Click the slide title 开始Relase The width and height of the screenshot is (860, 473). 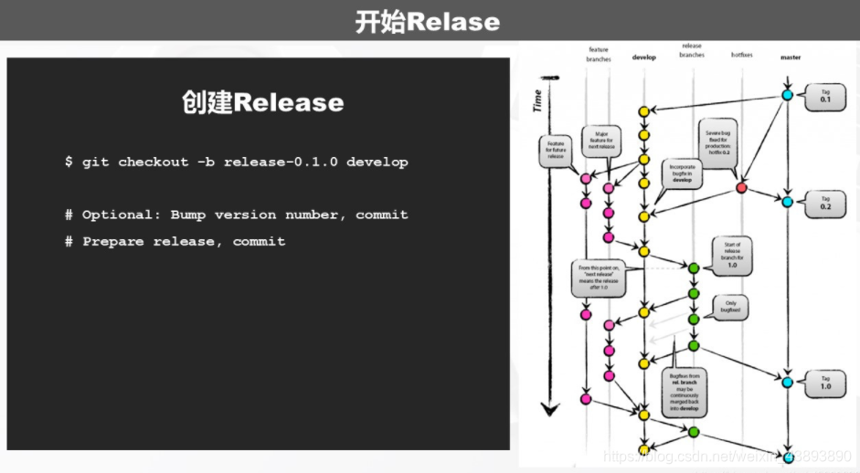(428, 21)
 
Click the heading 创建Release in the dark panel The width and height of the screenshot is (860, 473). (262, 102)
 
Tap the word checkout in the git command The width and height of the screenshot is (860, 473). (153, 162)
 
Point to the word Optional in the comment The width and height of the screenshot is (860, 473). (117, 215)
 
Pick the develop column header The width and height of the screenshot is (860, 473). (644, 57)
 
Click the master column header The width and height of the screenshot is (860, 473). (791, 57)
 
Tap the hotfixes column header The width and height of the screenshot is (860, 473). (742, 55)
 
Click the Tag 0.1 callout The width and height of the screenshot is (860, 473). (825, 97)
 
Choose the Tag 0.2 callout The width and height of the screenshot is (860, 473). (825, 204)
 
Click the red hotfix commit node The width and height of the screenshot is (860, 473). (741, 187)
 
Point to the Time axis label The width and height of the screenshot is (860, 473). (537, 100)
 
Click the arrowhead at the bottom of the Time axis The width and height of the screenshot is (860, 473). (548, 410)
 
